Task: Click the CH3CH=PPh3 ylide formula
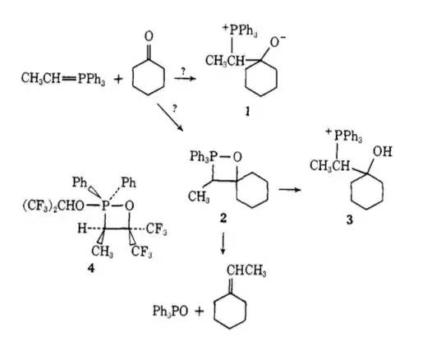[x=63, y=79]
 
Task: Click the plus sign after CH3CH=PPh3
[x=118, y=80]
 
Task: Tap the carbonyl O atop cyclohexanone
[x=149, y=36]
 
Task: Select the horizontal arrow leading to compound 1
[x=185, y=79]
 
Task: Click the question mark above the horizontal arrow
[x=183, y=72]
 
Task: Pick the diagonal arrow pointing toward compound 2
[x=170, y=118]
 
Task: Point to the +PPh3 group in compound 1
[x=240, y=30]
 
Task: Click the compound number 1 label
[x=248, y=111]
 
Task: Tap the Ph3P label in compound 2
[x=204, y=156]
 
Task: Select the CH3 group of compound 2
[x=199, y=196]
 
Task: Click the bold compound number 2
[x=223, y=219]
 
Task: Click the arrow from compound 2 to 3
[x=290, y=189]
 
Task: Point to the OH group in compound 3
[x=383, y=151]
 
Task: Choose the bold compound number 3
[x=350, y=219]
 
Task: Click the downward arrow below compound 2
[x=223, y=243]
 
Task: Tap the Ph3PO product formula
[x=170, y=312]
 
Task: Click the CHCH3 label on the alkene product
[x=246, y=270]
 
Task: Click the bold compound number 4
[x=90, y=268]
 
